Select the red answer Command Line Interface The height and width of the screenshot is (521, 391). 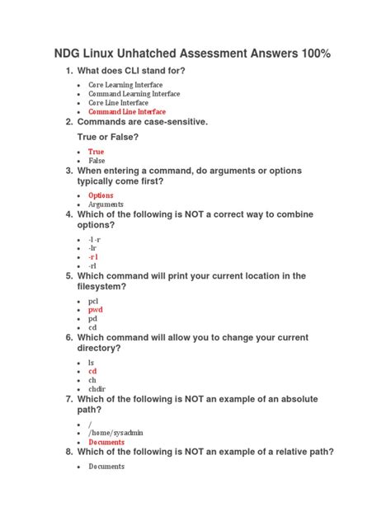127,111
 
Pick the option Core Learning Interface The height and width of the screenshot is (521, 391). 125,85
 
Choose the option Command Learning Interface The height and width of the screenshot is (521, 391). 134,94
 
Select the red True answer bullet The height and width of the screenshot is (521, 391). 96,152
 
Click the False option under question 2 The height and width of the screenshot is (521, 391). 97,161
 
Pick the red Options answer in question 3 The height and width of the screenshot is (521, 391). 101,195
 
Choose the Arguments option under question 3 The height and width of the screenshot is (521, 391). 106,204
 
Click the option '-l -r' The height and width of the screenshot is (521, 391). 95,239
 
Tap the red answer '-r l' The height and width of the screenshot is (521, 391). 93,257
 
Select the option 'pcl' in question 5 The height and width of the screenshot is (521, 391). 93,301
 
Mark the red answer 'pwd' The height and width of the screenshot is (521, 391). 95,310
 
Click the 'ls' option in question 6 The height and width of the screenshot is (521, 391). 92,363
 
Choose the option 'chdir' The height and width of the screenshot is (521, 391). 97,389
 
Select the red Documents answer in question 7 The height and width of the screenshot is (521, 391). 106,442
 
